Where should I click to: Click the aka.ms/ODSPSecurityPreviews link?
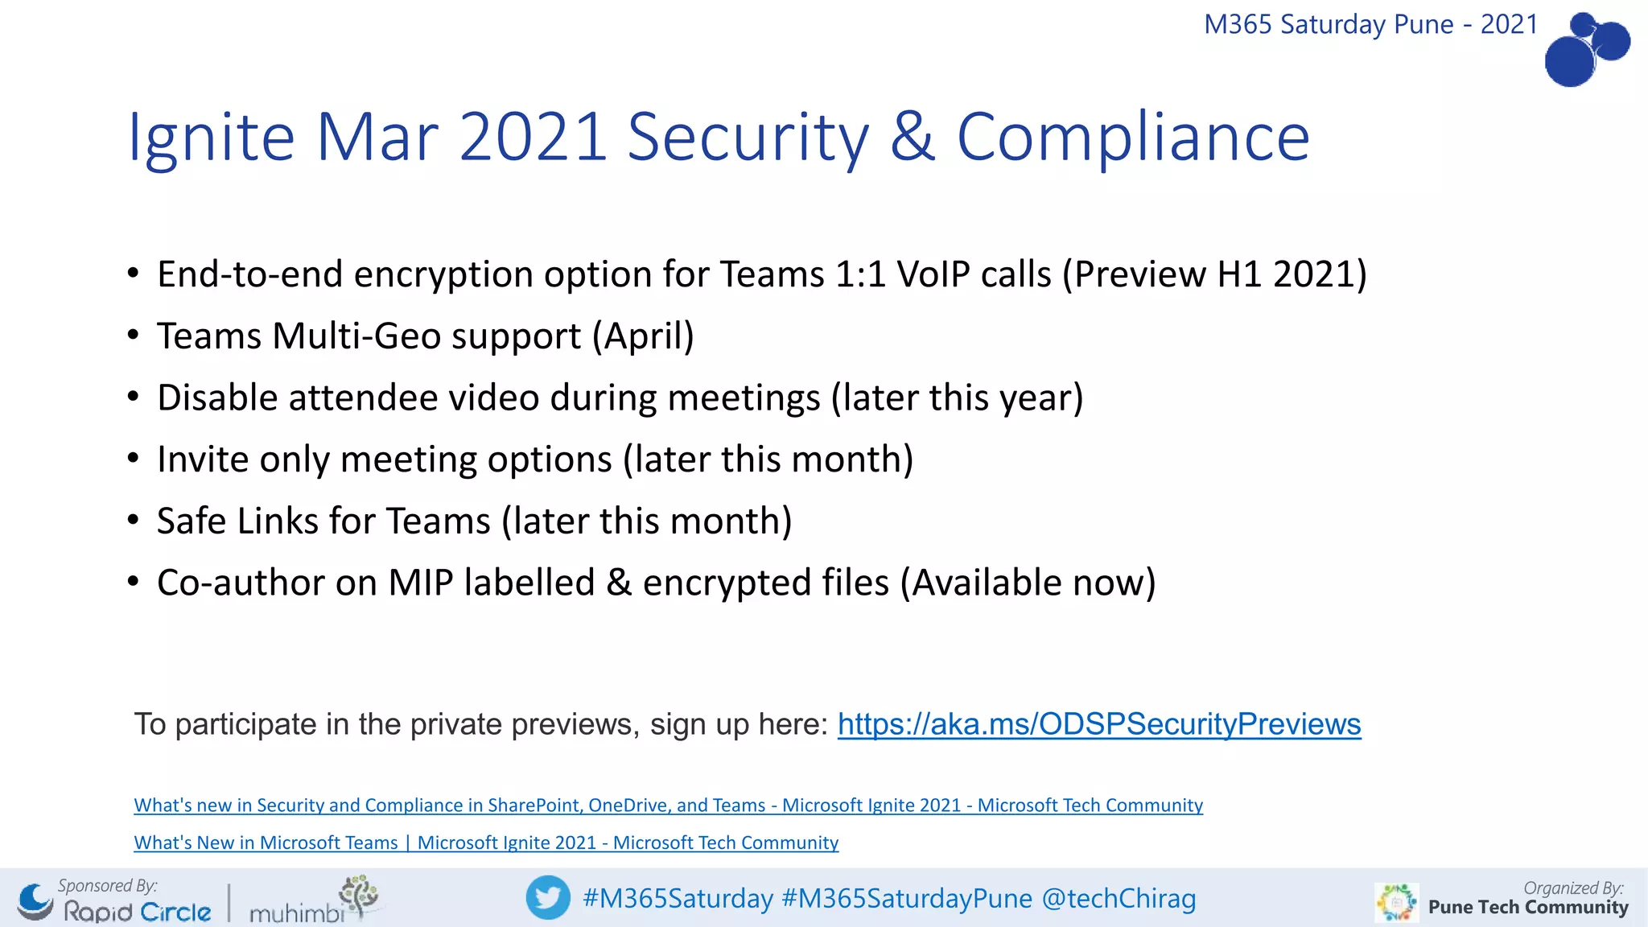(1098, 724)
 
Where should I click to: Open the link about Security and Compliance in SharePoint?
(668, 805)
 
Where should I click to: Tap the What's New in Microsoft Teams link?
(486, 843)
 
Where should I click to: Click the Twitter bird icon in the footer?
(548, 897)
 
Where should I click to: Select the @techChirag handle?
(1119, 898)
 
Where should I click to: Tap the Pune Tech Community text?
(1527, 908)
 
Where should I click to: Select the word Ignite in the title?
(212, 137)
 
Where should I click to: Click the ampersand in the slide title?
(913, 137)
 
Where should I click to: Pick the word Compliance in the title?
(1133, 137)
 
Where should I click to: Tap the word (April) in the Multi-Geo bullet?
(643, 336)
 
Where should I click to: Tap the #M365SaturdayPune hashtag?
(907, 898)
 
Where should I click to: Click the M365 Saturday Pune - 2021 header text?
(1370, 24)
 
